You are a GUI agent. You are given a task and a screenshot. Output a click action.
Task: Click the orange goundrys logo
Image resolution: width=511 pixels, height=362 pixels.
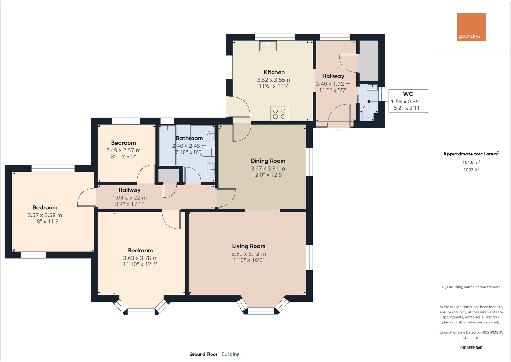coord(471,27)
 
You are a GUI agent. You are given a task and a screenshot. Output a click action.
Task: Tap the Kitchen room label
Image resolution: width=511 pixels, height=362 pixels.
coord(274,72)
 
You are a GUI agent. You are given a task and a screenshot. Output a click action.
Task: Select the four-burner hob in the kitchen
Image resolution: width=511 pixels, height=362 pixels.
coord(279,113)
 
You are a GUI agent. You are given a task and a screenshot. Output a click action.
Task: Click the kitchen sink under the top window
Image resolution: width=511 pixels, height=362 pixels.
coord(268,46)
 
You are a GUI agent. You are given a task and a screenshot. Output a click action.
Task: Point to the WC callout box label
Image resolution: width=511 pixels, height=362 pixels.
coord(408,94)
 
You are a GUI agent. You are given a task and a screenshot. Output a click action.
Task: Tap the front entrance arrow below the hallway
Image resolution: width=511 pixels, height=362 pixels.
coord(339,130)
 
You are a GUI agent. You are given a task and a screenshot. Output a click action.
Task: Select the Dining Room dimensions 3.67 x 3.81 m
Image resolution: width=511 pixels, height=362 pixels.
coord(268,168)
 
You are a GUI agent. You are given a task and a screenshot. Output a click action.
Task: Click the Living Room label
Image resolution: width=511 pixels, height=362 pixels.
coord(249,246)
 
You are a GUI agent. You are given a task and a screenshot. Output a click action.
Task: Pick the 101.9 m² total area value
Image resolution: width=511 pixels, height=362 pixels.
coord(471,162)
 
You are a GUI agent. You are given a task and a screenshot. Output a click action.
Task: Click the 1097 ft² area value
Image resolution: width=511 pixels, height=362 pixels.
coord(471,170)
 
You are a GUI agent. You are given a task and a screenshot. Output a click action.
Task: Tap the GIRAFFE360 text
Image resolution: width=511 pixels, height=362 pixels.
coord(471,348)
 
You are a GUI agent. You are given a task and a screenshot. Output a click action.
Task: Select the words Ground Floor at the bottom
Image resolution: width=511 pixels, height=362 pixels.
coord(203,354)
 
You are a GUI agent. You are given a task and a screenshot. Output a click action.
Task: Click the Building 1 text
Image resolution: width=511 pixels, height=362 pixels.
coord(232,354)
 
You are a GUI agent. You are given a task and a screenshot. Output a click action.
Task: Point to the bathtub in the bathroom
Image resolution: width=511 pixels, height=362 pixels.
coord(167,145)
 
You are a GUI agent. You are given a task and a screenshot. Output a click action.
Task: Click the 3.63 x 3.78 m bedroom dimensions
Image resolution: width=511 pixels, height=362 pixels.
coord(140,258)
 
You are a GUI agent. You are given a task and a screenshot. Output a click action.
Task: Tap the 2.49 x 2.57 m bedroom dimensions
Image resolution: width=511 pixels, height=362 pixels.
coord(123,150)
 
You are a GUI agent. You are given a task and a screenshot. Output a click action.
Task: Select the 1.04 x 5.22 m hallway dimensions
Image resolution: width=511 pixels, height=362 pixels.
coord(129,198)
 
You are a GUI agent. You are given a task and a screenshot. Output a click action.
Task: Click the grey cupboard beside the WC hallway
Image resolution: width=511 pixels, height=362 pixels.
coord(368,61)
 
